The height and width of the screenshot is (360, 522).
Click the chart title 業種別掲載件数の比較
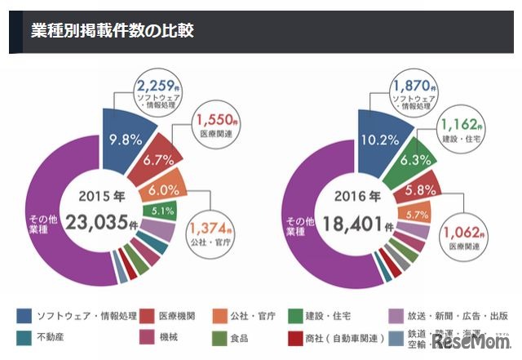(112, 31)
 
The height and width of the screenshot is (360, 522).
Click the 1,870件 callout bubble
(411, 92)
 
